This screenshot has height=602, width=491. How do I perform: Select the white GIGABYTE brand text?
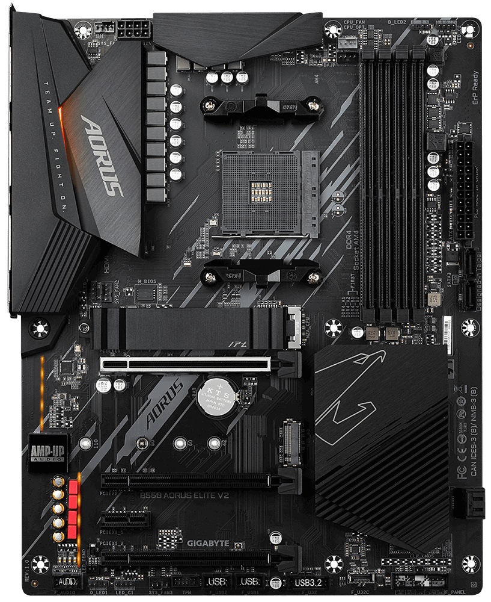coord(208,543)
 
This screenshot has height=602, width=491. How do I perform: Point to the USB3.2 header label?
coord(309,583)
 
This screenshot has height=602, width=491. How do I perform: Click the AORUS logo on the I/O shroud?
coord(102,155)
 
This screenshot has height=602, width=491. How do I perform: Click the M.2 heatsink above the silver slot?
coord(186,329)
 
